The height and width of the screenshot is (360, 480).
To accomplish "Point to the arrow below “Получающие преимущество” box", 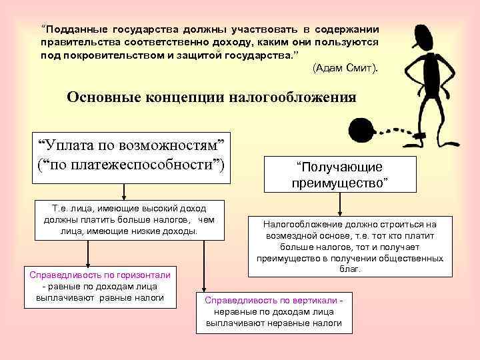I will pos(340,204).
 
